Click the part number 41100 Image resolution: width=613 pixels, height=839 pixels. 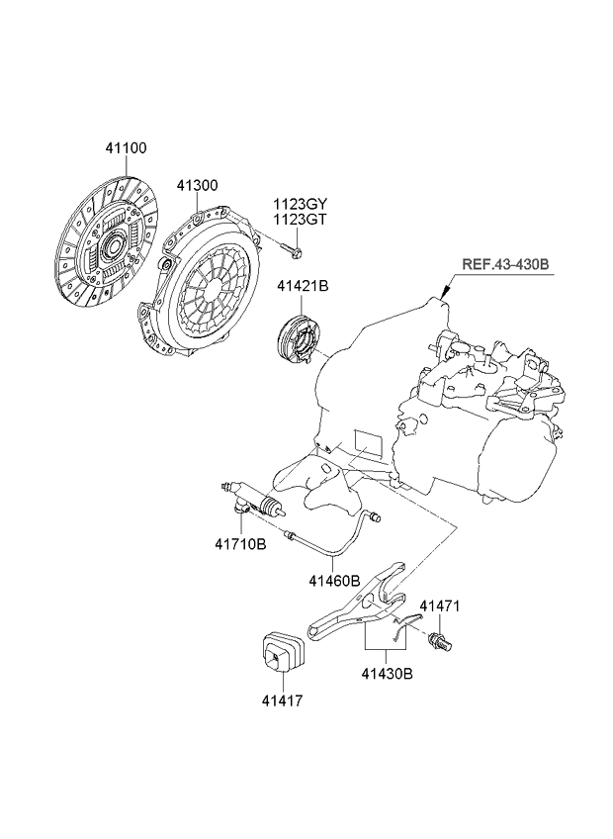click(x=127, y=148)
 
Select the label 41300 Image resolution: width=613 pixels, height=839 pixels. click(x=198, y=185)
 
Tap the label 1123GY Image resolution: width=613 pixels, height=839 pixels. click(x=300, y=205)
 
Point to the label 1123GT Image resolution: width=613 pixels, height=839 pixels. click(x=300, y=221)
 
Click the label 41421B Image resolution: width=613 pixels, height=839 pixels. click(x=303, y=287)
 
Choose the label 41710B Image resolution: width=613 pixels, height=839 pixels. click(x=240, y=544)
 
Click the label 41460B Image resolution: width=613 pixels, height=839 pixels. click(x=333, y=581)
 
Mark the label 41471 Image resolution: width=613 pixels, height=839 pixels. click(x=440, y=606)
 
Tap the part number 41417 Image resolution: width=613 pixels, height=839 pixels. click(x=282, y=700)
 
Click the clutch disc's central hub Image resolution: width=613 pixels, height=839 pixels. click(x=111, y=240)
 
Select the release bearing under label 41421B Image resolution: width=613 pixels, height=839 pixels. click(x=296, y=336)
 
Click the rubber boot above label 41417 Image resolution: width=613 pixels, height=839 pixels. click(x=282, y=653)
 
